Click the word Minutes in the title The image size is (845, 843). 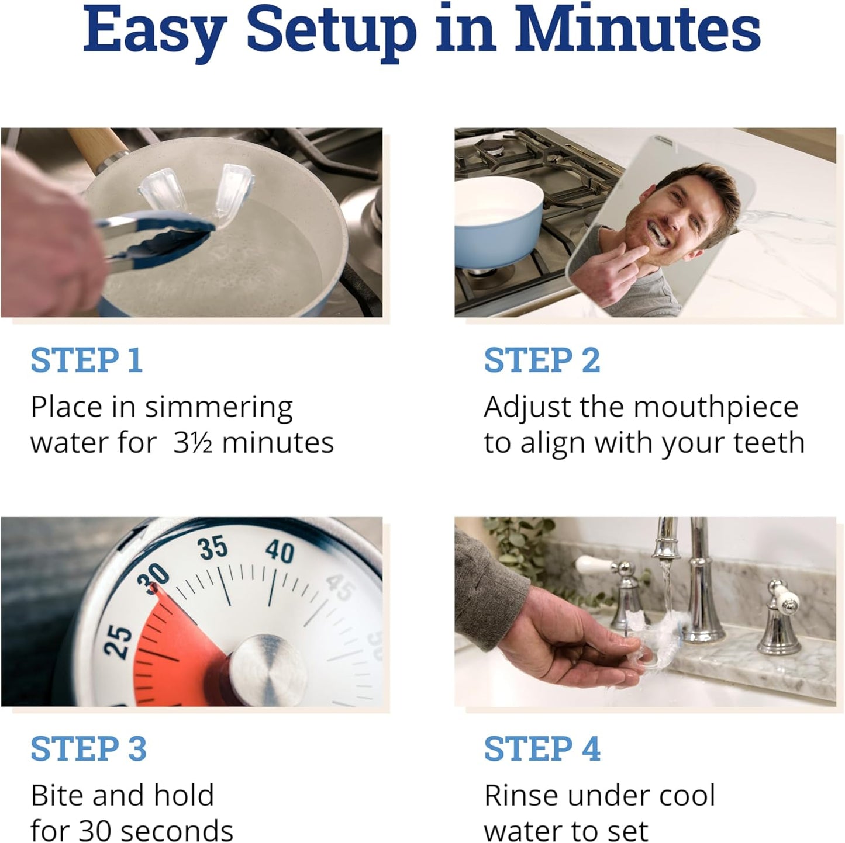[x=637, y=30]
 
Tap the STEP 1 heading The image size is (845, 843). [x=87, y=360]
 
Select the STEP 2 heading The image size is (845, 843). [x=542, y=360]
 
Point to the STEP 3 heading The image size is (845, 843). [x=88, y=749]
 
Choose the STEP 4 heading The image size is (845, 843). [x=542, y=749]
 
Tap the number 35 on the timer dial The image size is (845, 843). [x=212, y=548]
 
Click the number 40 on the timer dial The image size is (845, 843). [x=280, y=551]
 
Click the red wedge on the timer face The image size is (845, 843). [x=175, y=643]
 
